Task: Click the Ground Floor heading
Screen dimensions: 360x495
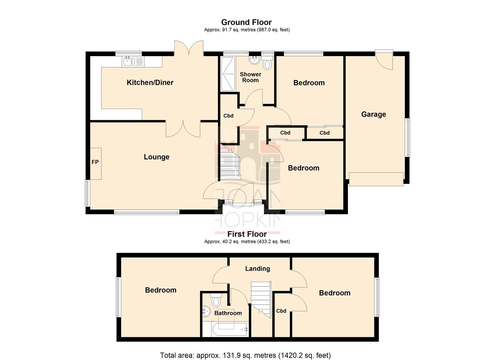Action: (x=246, y=22)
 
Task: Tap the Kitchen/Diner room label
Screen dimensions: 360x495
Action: (x=150, y=83)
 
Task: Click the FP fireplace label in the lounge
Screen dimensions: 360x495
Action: (x=95, y=162)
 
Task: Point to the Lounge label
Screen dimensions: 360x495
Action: (x=156, y=157)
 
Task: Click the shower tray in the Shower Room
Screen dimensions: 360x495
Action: (x=228, y=74)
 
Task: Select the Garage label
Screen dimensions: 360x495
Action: (x=373, y=114)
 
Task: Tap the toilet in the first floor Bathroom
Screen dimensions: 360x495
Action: (x=216, y=300)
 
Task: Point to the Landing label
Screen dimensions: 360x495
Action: (x=257, y=269)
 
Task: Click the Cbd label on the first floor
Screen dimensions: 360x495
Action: (x=281, y=311)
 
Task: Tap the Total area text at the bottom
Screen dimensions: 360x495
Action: (x=245, y=355)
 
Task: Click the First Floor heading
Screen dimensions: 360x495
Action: (x=247, y=234)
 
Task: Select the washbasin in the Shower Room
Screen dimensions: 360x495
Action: (x=255, y=60)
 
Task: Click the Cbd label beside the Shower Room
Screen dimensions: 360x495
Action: (x=228, y=116)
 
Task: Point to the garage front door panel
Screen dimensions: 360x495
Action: (x=376, y=179)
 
